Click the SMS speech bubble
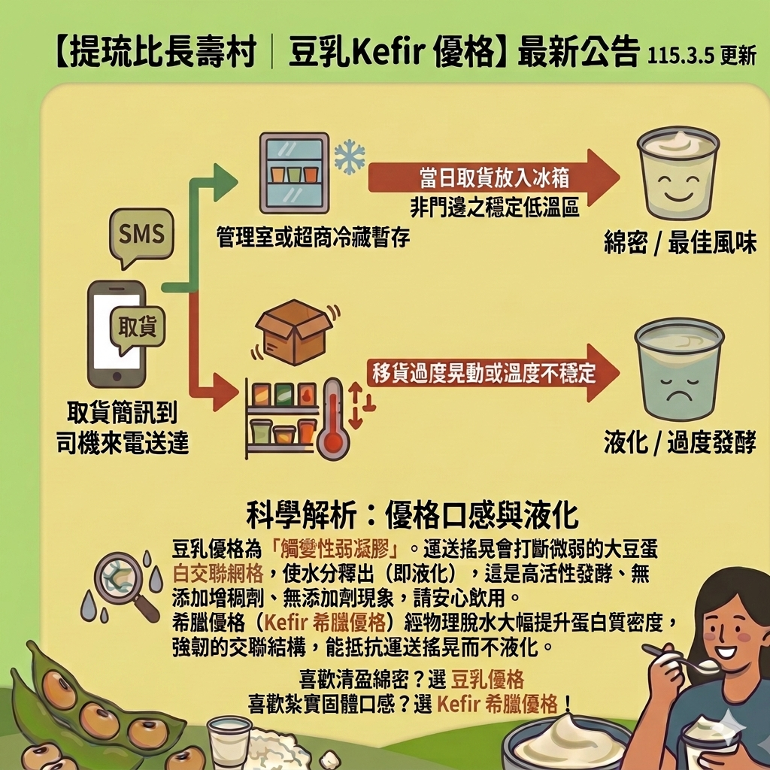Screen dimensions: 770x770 141,236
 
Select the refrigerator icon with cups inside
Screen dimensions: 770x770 294,173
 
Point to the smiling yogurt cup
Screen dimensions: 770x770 678,174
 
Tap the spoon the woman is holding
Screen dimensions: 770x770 681,659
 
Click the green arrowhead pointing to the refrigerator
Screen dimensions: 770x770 224,181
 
